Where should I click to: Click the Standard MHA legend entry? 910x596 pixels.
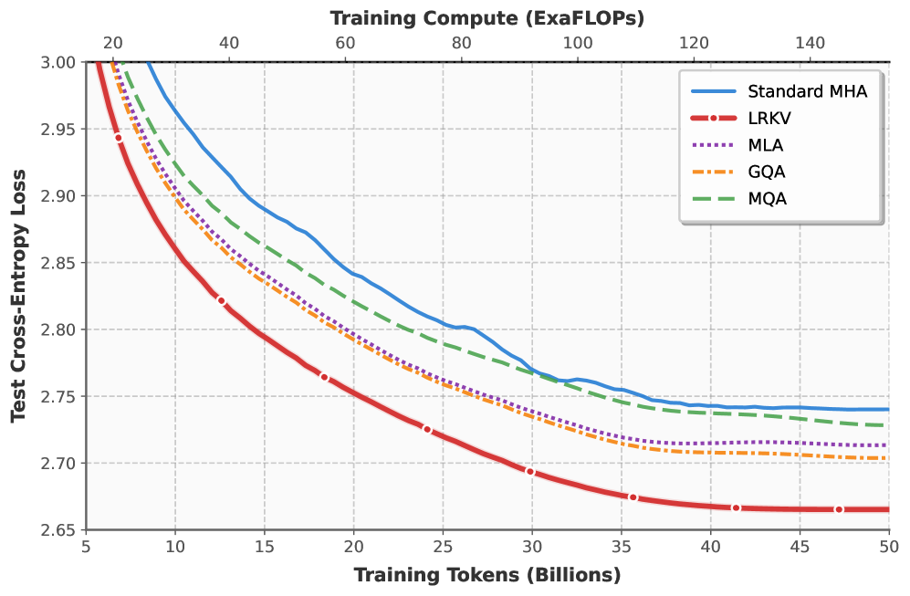tap(779, 91)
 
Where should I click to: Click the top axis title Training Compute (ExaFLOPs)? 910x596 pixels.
tap(487, 18)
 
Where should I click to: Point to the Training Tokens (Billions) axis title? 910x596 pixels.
tap(487, 575)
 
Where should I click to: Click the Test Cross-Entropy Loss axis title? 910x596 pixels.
tap(18, 296)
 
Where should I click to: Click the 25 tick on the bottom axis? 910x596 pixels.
tap(443, 547)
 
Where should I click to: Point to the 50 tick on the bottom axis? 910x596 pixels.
tap(889, 547)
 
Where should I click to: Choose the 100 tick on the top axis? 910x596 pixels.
tap(578, 43)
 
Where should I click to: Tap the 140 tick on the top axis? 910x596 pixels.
tap(811, 43)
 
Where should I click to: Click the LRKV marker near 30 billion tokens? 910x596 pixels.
tap(530, 471)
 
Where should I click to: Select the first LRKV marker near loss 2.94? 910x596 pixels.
tap(119, 138)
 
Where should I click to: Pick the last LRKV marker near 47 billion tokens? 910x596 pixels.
tap(839, 509)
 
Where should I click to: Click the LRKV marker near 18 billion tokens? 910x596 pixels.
tap(324, 378)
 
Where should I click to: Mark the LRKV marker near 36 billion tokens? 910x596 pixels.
tap(633, 497)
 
